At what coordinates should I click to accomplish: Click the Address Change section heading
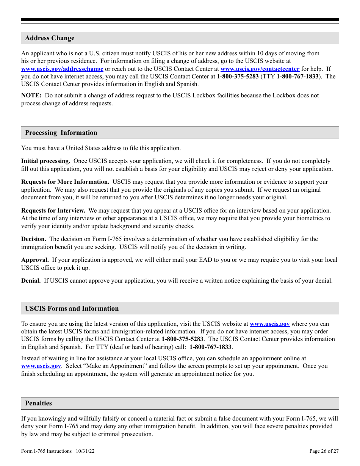50,38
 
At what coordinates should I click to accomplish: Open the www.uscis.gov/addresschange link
62,69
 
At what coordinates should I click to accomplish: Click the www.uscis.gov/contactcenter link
260,69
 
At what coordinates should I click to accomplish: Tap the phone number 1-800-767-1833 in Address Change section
297,77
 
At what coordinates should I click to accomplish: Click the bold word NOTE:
31,95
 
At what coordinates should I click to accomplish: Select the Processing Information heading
61,133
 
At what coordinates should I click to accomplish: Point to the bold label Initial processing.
45,161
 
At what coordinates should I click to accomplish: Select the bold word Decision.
34,239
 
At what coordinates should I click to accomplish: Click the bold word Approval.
35,260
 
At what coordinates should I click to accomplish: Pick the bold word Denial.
31,281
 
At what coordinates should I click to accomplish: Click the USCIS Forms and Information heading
72,308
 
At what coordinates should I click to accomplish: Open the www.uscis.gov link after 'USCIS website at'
269,324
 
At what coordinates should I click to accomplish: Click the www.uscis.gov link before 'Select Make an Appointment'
41,366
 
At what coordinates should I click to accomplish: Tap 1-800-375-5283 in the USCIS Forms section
182,339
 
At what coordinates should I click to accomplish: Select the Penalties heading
38,403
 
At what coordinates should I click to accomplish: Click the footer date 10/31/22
85,451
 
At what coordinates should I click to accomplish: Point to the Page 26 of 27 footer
324,451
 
